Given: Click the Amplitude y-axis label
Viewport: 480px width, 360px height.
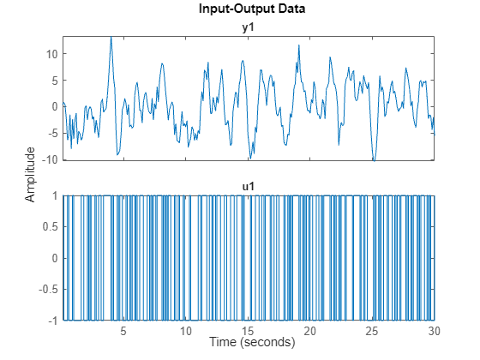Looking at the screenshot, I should click(x=31, y=174).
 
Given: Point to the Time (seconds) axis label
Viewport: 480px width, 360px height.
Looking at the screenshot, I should click(x=248, y=342).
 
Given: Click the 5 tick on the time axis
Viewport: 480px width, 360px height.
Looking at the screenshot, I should click(x=123, y=330).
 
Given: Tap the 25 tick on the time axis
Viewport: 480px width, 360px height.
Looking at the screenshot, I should click(x=372, y=330).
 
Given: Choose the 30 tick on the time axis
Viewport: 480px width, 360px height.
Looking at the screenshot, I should click(x=434, y=330).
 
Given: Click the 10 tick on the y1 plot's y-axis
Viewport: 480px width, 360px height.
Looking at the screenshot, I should click(x=50, y=53).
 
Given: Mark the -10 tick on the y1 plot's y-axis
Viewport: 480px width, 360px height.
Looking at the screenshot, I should click(x=48, y=159).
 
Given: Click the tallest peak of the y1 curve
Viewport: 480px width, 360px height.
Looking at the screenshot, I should click(x=111, y=38).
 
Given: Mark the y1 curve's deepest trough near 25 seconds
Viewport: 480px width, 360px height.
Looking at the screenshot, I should click(x=374, y=159).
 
